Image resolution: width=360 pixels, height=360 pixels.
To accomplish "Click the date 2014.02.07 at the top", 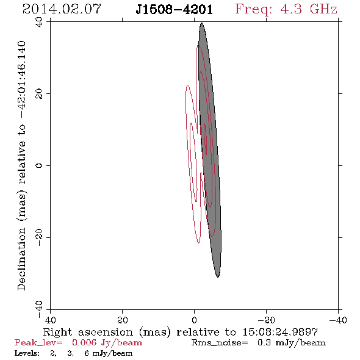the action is [x=62, y=9].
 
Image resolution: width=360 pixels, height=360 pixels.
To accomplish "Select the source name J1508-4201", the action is [x=174, y=9].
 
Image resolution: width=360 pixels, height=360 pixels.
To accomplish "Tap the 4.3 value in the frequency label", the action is [x=291, y=9].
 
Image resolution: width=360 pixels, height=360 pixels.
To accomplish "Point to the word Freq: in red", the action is [x=253, y=10].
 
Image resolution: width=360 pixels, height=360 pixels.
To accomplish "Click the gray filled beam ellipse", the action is [x=210, y=150].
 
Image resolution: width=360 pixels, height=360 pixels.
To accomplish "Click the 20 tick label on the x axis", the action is [x=122, y=320].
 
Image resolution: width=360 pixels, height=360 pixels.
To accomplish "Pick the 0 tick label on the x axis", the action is [x=194, y=320].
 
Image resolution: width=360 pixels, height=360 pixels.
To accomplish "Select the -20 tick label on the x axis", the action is [x=266, y=320].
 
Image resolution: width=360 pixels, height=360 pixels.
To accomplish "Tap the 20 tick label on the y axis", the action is [x=39, y=94].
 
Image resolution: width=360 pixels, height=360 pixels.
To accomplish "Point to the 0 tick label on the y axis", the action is [x=39, y=165].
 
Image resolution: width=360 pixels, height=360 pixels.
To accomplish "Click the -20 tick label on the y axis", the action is [x=39, y=237].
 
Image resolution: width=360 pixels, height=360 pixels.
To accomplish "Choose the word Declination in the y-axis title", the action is [x=21, y=259].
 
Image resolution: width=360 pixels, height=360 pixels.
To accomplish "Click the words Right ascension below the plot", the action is [x=88, y=332].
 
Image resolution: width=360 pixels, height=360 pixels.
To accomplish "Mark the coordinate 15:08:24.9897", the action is [x=280, y=332].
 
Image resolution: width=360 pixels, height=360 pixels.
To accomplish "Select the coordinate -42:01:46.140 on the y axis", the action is [x=21, y=80].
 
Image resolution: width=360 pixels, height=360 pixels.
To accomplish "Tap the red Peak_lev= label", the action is [x=38, y=343].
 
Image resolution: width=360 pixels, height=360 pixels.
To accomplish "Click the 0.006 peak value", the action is [x=84, y=342].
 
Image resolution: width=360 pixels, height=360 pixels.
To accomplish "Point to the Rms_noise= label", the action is [x=220, y=343].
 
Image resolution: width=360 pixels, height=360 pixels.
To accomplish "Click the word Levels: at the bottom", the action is [x=27, y=353].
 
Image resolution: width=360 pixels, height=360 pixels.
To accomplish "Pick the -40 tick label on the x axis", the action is [x=338, y=320].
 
